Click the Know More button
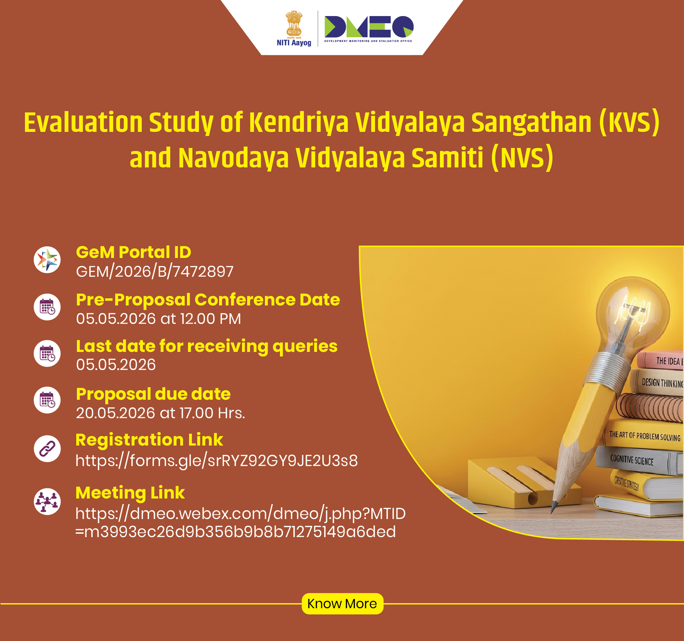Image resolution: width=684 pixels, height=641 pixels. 343,603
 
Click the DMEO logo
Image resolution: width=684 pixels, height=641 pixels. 368,29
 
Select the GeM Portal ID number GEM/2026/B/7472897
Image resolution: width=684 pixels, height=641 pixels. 155,272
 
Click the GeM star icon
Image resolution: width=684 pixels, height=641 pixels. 47,260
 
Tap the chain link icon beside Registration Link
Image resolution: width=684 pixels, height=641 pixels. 47,449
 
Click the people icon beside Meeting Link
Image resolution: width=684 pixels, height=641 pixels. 47,502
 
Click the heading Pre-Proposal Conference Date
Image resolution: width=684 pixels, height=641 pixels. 208,300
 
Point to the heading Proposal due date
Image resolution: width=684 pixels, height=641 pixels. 153,394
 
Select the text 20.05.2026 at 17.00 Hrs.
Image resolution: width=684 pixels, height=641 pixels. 160,413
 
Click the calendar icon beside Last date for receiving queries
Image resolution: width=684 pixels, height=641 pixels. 47,354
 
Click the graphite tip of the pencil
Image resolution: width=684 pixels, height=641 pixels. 553,508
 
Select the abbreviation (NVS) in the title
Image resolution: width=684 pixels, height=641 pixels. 522,158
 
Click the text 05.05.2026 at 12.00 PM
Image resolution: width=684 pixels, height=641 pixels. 159,319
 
